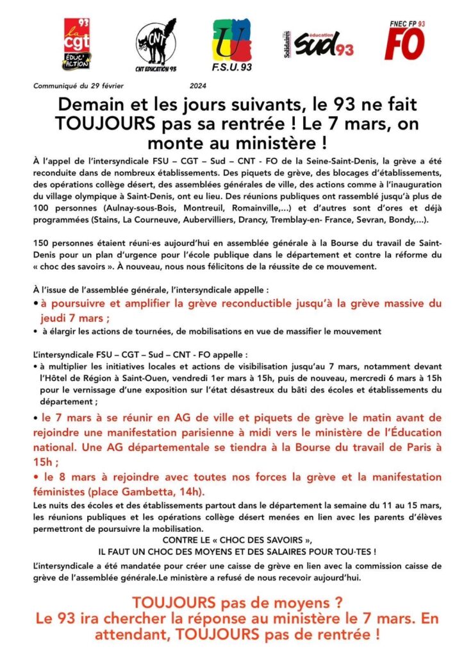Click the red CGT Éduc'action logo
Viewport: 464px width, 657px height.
point(77,44)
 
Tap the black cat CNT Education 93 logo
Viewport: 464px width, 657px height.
point(156,43)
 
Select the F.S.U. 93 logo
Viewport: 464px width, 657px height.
point(231,42)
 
